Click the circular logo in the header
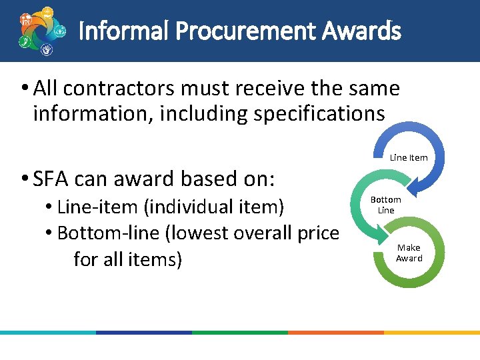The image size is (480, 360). pos(41,31)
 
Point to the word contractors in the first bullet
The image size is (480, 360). pos(117,88)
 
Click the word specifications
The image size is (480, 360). pos(319,114)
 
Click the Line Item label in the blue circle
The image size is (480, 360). pos(408,158)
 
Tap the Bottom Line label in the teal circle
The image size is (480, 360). pos(385,205)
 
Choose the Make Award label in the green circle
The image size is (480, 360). pos(409,253)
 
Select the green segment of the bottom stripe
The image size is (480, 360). pos(240,332)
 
